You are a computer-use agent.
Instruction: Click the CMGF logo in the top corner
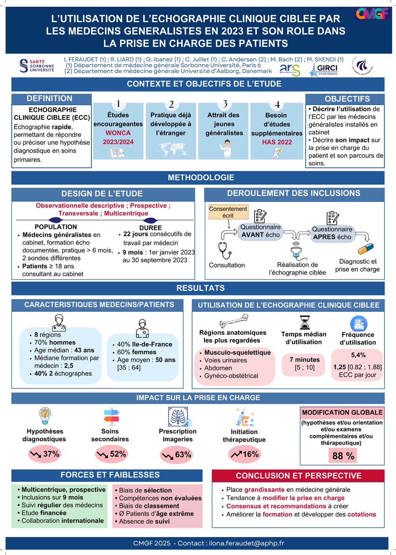[x=372, y=13]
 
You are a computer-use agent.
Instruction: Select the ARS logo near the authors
[x=290, y=69]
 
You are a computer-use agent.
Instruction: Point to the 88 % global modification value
[x=343, y=455]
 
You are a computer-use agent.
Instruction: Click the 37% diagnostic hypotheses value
[x=45, y=454]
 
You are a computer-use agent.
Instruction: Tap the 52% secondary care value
[x=111, y=454]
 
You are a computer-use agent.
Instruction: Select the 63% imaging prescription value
[x=177, y=455]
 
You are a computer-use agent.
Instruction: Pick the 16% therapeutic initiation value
[x=245, y=454]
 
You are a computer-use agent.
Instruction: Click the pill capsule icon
[x=366, y=249]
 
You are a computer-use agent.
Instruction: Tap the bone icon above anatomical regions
[x=233, y=321]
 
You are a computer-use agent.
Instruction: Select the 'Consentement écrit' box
[x=228, y=212]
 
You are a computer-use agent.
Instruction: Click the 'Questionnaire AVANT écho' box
[x=261, y=231]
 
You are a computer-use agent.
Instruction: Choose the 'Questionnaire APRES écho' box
[x=332, y=233]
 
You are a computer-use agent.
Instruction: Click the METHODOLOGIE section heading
[x=201, y=177]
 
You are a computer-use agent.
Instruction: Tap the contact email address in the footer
[x=246, y=543]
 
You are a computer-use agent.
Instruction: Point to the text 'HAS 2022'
[x=277, y=142]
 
